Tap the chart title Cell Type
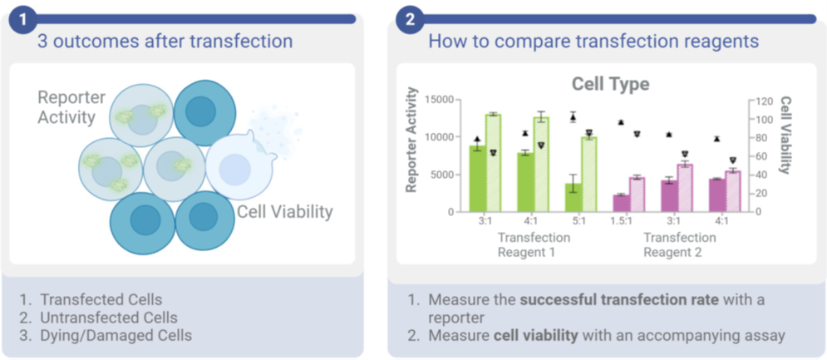(x=610, y=84)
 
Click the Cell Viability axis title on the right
(x=784, y=135)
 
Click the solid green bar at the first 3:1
(x=477, y=179)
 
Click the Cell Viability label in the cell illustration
(x=284, y=211)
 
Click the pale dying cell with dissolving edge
(x=238, y=166)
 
